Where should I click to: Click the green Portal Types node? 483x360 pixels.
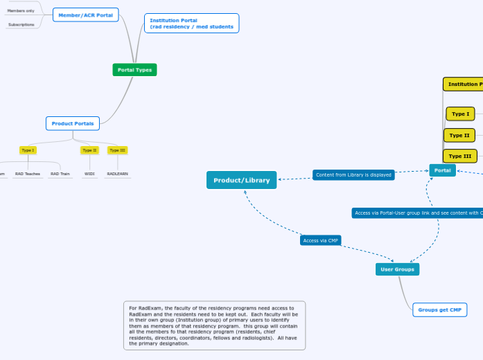pos(135,70)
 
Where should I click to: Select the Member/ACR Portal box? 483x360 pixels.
pos(85,15)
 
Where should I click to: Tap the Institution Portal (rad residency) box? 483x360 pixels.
pos(191,24)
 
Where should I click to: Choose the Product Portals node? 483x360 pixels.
pos(73,123)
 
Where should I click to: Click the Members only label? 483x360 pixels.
pos(21,11)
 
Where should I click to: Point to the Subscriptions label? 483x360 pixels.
pos(21,24)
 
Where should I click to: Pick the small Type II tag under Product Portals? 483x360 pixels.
pos(89,150)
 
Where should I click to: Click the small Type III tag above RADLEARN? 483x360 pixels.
pos(117,150)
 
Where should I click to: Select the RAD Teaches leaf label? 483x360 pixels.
pos(28,174)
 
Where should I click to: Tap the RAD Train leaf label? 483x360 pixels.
pos(60,174)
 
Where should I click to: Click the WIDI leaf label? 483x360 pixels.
pos(89,174)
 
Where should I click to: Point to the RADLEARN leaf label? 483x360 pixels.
pos(117,174)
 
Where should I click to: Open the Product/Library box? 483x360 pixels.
pos(241,180)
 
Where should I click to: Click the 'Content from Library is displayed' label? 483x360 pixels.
pos(353,175)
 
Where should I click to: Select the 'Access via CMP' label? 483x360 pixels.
pos(320,241)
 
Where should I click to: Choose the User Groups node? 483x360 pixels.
pos(398,269)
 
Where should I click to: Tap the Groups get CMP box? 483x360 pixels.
pos(439,309)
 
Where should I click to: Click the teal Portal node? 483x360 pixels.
pos(442,170)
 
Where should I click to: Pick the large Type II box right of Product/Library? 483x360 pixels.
pos(459,135)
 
